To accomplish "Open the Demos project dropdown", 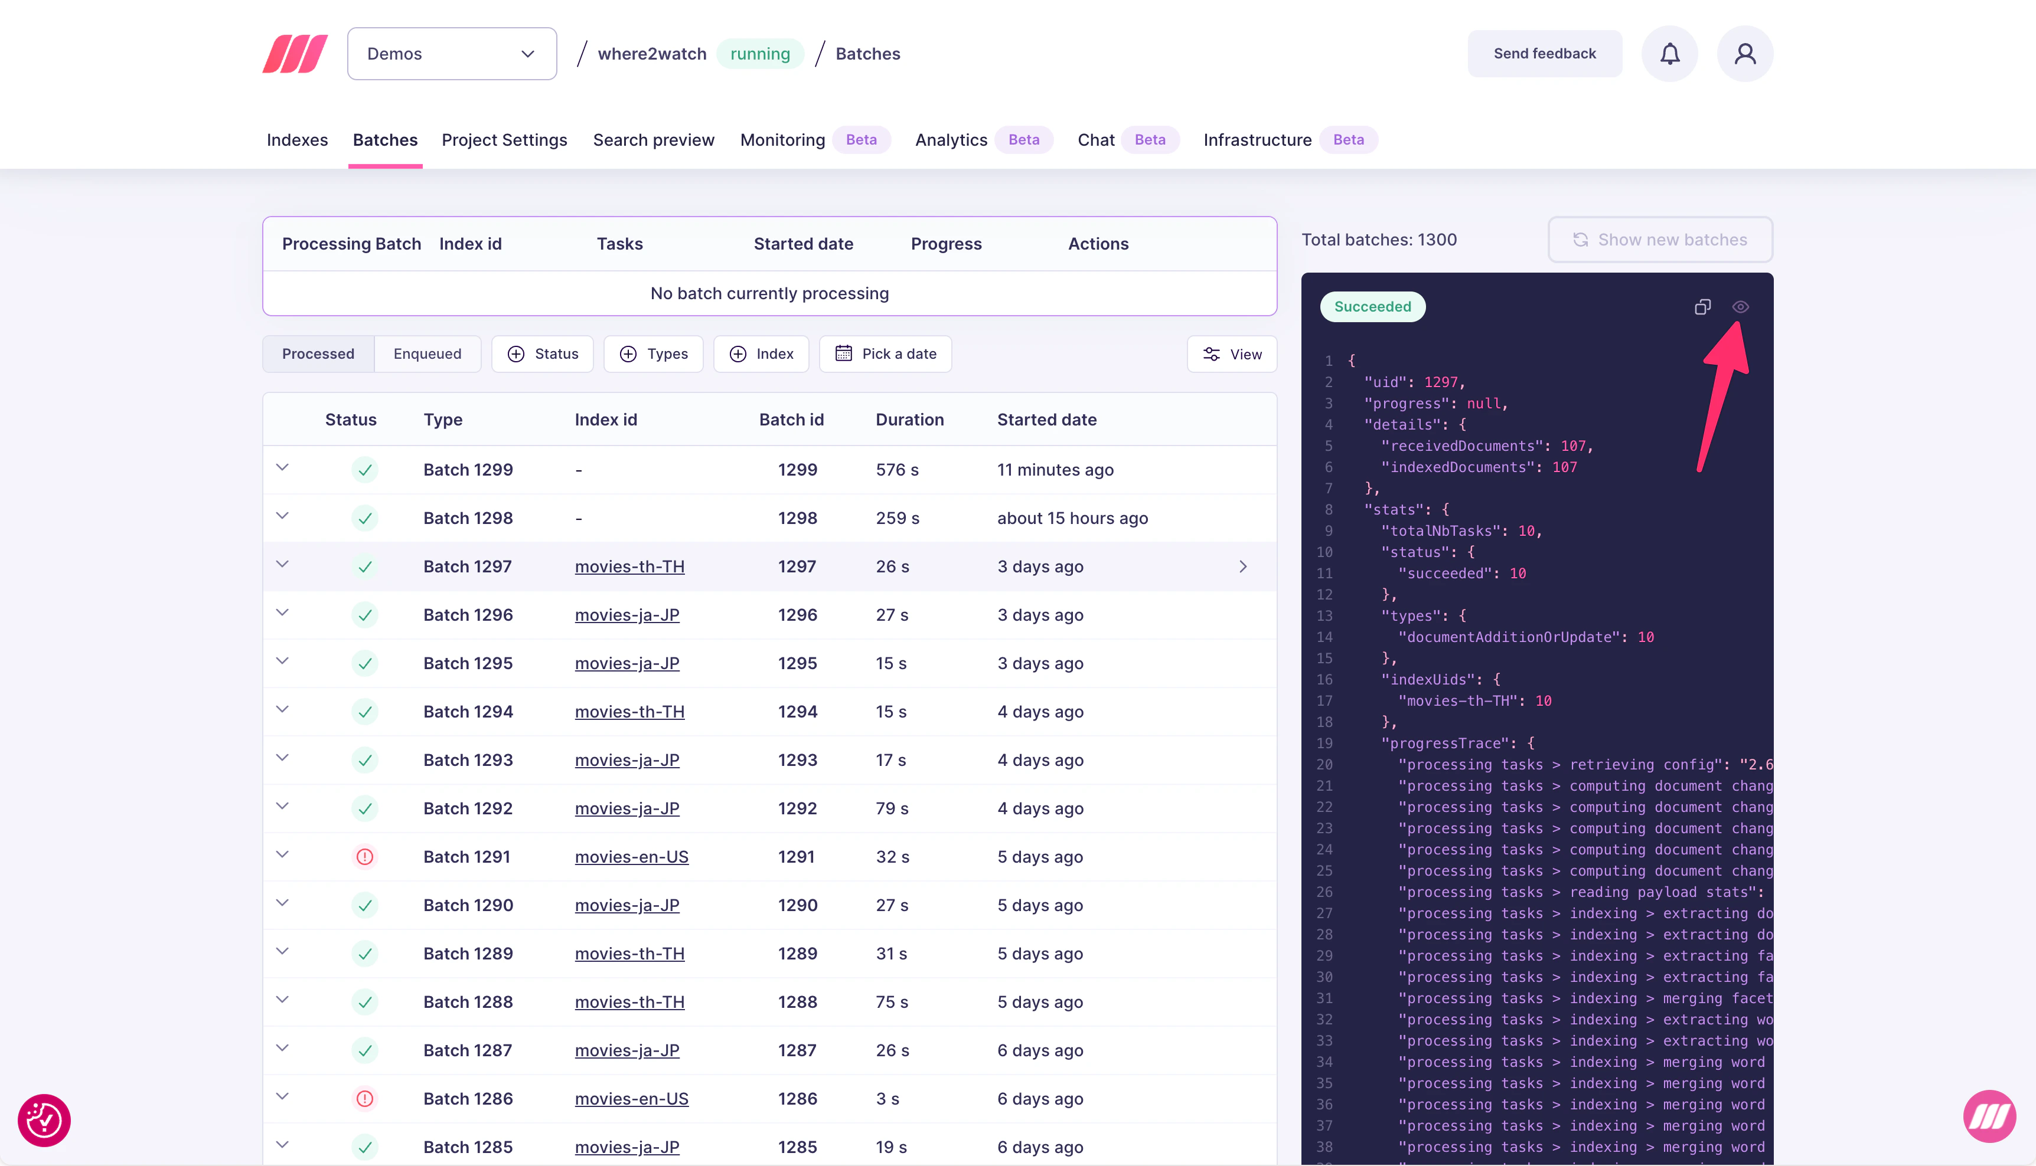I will point(451,54).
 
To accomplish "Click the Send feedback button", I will point(1544,54).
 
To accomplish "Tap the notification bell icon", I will point(1669,54).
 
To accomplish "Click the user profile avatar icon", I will point(1744,54).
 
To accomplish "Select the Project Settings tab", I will point(504,140).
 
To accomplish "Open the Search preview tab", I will point(653,140).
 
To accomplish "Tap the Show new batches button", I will point(1660,240).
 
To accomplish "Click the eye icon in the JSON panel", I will point(1740,307).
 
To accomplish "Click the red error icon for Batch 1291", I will point(364,857).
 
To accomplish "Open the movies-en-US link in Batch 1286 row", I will point(631,1099).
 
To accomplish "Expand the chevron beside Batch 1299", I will point(282,468).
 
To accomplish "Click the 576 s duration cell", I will point(896,470).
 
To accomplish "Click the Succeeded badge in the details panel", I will point(1372,307).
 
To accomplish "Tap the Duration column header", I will point(909,420).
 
